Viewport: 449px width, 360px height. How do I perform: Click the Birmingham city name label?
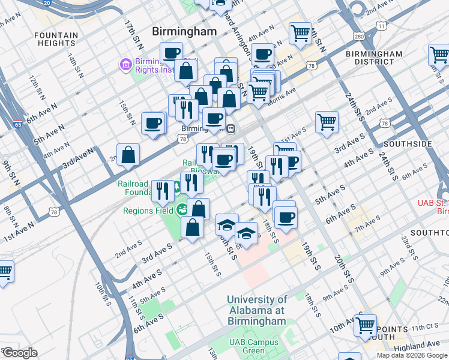click(x=184, y=31)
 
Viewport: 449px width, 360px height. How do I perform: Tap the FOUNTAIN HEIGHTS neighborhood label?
click(x=56, y=39)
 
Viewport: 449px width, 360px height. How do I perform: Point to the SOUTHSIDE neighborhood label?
click(x=408, y=144)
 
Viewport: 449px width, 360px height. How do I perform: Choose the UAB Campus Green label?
click(x=253, y=346)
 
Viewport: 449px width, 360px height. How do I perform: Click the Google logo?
click(x=20, y=353)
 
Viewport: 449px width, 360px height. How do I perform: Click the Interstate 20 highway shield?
click(x=47, y=3)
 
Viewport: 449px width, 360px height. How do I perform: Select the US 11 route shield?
click(x=382, y=26)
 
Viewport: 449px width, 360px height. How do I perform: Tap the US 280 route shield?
click(x=359, y=37)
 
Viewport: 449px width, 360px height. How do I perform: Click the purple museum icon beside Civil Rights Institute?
click(x=126, y=63)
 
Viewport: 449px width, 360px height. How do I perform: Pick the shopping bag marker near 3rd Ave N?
click(x=128, y=155)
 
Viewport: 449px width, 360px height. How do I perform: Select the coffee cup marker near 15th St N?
click(x=153, y=124)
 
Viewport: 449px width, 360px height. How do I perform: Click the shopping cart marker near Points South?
click(x=365, y=325)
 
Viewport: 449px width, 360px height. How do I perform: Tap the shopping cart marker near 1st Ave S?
click(x=327, y=122)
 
